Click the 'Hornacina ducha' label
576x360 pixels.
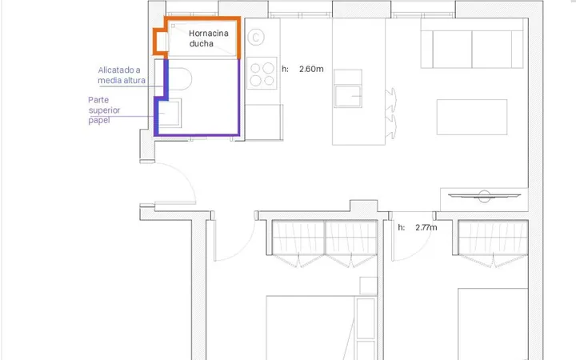209,38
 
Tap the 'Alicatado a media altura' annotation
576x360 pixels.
122,75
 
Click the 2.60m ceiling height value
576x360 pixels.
311,69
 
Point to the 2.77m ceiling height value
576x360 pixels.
426,227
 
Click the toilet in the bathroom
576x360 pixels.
179,78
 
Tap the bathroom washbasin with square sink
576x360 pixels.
170,113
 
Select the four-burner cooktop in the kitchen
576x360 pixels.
262,73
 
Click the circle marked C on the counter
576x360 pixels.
256,38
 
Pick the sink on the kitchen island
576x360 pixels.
348,96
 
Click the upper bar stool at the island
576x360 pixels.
391,99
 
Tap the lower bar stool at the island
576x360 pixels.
391,126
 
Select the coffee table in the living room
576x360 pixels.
472,117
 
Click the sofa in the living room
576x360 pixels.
472,43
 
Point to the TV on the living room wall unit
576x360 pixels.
484,196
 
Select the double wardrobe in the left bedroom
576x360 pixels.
325,243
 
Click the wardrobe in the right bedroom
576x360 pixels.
493,243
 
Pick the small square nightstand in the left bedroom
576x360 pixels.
369,286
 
